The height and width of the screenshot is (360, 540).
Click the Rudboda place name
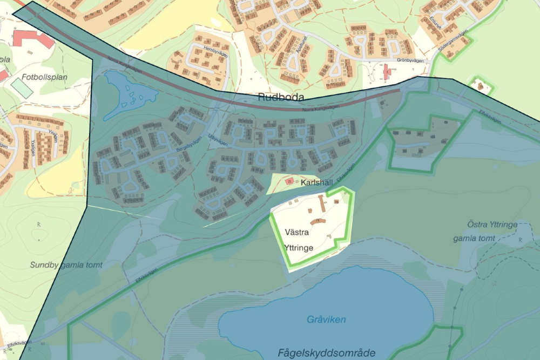coord(281,97)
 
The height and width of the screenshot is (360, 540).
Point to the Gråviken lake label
coord(326,320)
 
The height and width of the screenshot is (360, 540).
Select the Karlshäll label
coord(316,182)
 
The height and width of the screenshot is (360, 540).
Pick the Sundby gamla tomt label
coord(66,265)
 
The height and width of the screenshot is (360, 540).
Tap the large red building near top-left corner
coord(33,38)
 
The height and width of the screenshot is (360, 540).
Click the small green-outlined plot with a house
coord(480,86)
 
